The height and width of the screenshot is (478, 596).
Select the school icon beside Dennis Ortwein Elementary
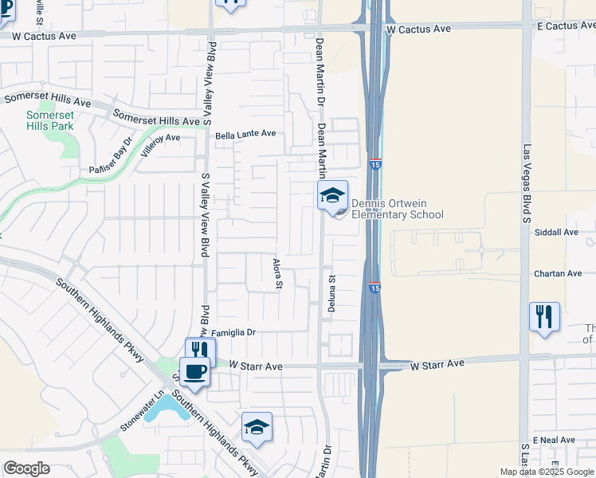click(332, 194)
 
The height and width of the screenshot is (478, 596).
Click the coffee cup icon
click(194, 370)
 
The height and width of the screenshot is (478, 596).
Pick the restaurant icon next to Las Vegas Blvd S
click(544, 316)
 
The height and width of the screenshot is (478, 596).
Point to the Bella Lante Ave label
click(245, 134)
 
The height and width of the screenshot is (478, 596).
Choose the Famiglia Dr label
click(233, 332)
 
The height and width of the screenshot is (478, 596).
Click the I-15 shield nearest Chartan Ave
click(374, 288)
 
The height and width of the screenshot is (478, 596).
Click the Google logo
click(26, 468)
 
